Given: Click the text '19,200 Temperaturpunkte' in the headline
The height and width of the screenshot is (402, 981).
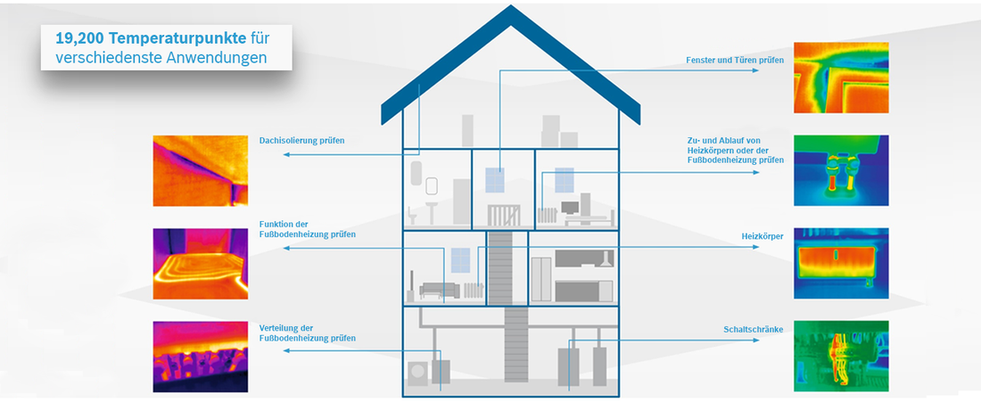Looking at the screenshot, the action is (151, 38).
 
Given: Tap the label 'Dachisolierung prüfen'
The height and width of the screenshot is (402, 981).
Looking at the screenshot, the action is (301, 141).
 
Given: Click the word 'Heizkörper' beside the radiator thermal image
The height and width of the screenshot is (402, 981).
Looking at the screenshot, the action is (762, 236).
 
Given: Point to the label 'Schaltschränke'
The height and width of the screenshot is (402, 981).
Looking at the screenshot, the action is (754, 329).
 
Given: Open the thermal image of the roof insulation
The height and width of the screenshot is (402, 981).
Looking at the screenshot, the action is (200, 170).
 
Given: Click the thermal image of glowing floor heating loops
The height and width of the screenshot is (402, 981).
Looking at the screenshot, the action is (200, 263).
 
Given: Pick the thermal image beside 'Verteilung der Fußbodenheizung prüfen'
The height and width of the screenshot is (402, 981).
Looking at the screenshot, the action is (200, 357).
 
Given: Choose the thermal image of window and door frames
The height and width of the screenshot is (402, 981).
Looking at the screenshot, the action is (841, 78).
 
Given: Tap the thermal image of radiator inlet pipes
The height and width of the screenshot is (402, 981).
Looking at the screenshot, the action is (841, 170).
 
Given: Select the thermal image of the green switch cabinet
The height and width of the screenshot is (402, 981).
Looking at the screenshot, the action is (841, 357).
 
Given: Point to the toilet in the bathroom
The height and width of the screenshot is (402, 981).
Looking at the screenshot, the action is (412, 217).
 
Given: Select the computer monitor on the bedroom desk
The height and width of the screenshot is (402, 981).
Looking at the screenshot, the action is (570, 208).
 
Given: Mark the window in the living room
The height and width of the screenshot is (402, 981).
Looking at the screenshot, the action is (460, 260).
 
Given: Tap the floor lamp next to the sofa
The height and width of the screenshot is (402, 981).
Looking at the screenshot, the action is (412, 284).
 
